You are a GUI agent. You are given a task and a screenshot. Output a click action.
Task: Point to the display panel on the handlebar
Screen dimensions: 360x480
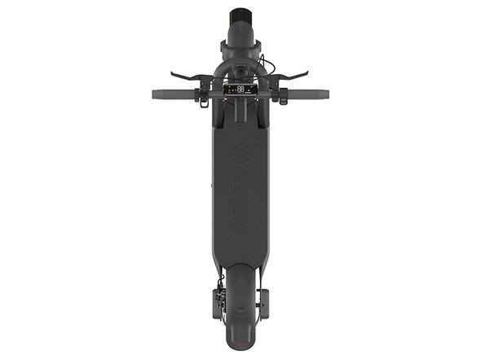(240, 90)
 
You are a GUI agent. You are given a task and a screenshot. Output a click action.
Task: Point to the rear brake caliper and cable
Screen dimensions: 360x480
(214, 301)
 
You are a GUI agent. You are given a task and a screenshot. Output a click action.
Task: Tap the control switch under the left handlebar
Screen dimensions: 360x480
(200, 99)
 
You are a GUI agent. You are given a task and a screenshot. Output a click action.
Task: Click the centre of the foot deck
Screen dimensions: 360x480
(240, 195)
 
